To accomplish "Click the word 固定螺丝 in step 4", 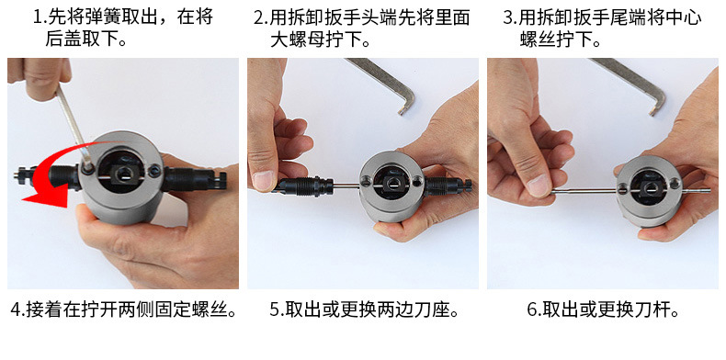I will (x=193, y=309).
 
